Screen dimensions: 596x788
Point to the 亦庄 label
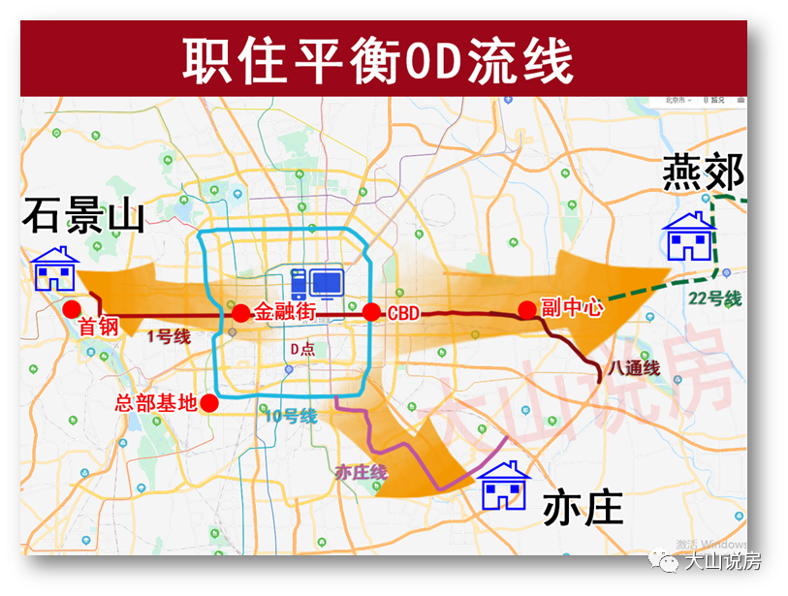pos(582,507)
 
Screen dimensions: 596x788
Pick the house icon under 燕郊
pos(687,236)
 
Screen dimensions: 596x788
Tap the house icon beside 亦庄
pos(506,485)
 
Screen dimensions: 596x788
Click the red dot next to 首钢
pos(71,309)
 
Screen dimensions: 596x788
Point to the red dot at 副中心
pos(526,310)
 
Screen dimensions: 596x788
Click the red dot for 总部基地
pos(209,405)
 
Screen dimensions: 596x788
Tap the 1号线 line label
pos(169,337)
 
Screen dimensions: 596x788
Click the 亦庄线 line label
pos(361,472)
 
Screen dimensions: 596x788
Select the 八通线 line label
pos(634,368)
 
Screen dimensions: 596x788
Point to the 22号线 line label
pos(718,298)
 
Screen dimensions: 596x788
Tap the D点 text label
pos(302,349)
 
